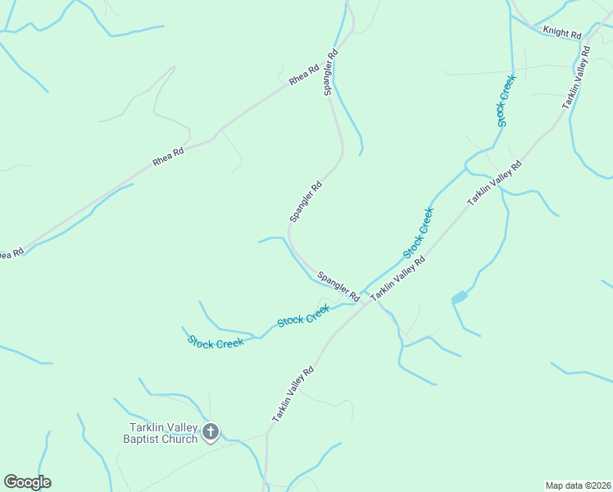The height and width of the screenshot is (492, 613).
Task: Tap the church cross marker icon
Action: click(x=211, y=432)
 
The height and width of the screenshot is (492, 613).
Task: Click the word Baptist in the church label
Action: click(x=144, y=439)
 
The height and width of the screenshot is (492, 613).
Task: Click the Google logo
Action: click(x=27, y=482)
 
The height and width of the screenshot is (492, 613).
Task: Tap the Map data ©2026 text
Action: click(x=577, y=485)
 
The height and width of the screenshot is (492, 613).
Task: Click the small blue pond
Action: click(x=459, y=297)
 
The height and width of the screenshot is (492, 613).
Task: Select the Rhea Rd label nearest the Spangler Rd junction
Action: click(x=303, y=75)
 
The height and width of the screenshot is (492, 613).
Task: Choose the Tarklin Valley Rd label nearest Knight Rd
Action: click(x=576, y=78)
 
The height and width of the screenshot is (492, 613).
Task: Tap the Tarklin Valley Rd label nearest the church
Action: click(x=293, y=395)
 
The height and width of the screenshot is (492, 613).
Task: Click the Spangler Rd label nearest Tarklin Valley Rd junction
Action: click(x=338, y=285)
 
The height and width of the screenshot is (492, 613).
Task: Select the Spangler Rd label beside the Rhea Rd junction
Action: click(x=331, y=74)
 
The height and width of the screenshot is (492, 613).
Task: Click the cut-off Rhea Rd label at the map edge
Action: click(x=10, y=254)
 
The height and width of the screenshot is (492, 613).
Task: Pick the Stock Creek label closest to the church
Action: click(x=216, y=342)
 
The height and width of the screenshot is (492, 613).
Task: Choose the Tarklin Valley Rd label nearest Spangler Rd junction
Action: click(x=397, y=279)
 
